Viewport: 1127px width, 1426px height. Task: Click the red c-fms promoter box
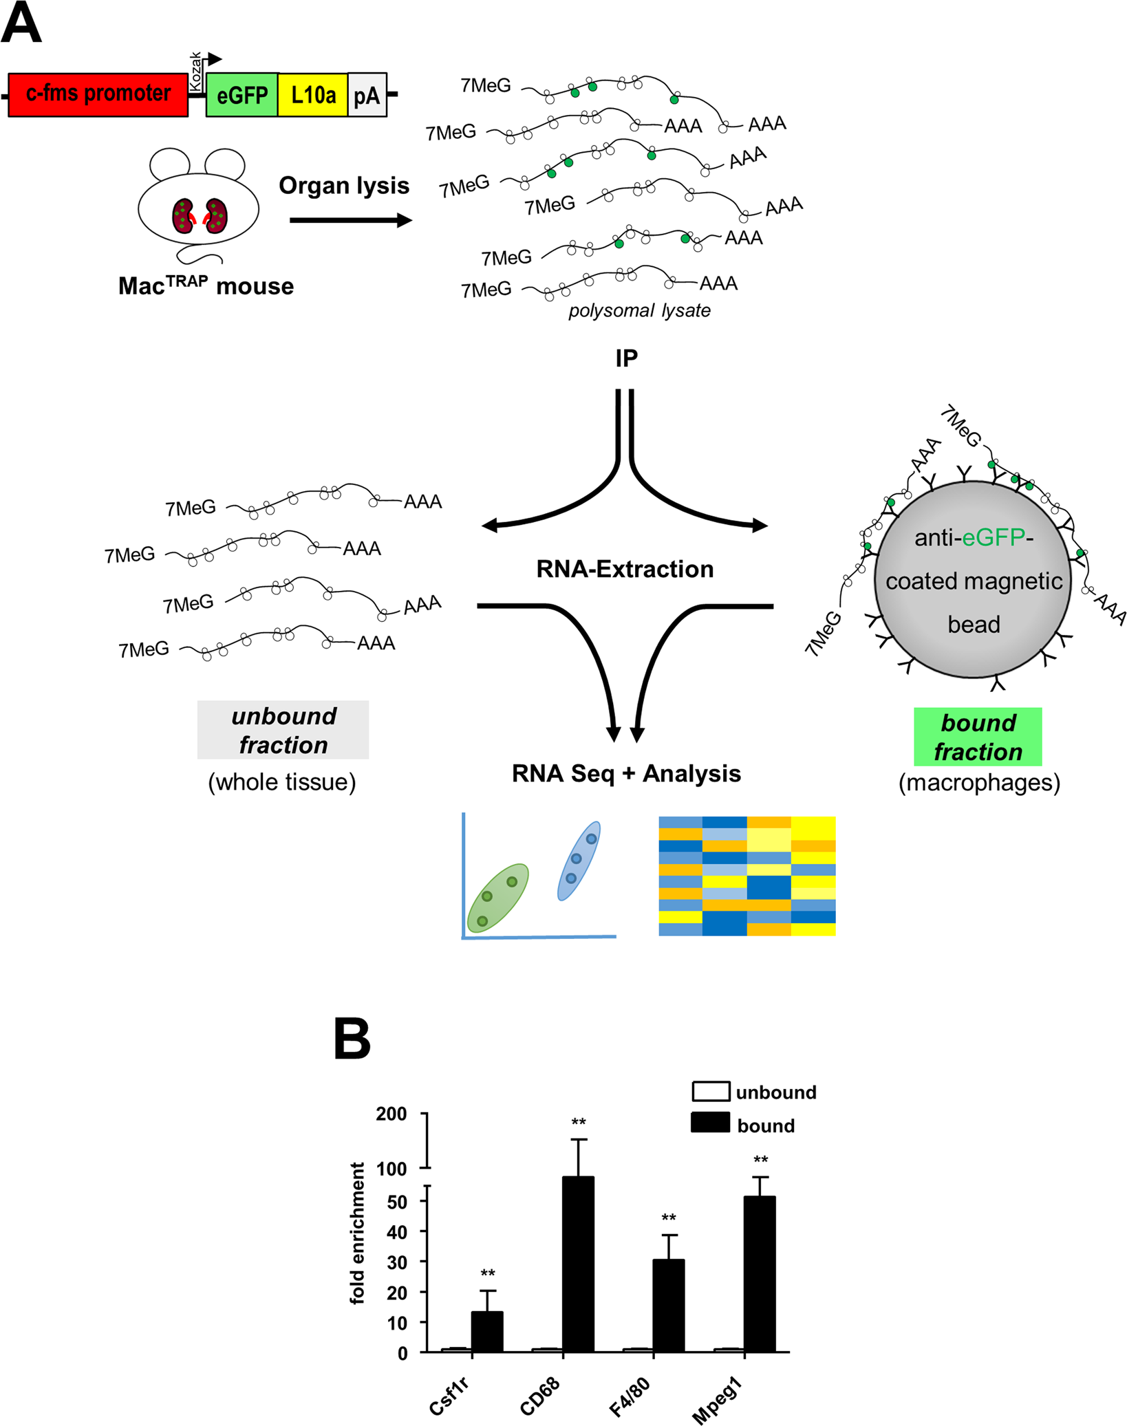pos(98,94)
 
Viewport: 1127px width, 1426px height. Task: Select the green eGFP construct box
pos(242,94)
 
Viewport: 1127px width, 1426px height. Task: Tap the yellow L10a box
pos(313,94)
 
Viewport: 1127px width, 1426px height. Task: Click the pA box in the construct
pos(367,95)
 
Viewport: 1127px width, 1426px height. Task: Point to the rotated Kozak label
pos(195,71)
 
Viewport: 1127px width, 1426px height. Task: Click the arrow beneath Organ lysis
pos(350,220)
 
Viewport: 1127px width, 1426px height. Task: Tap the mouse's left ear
pos(169,164)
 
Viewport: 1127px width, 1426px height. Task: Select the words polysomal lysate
pos(638,311)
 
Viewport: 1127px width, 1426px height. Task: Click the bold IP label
pos(626,358)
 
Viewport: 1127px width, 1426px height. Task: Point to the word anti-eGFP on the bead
pos(973,537)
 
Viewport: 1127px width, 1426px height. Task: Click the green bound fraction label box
pos(977,737)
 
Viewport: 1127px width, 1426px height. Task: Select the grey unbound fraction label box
pos(283,730)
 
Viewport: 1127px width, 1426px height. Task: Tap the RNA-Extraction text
pos(625,569)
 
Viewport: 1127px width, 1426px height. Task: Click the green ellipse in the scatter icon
pos(497,898)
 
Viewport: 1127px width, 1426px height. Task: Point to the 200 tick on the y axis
pos(391,1114)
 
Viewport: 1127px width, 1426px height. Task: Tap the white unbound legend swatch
pos(710,1092)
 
